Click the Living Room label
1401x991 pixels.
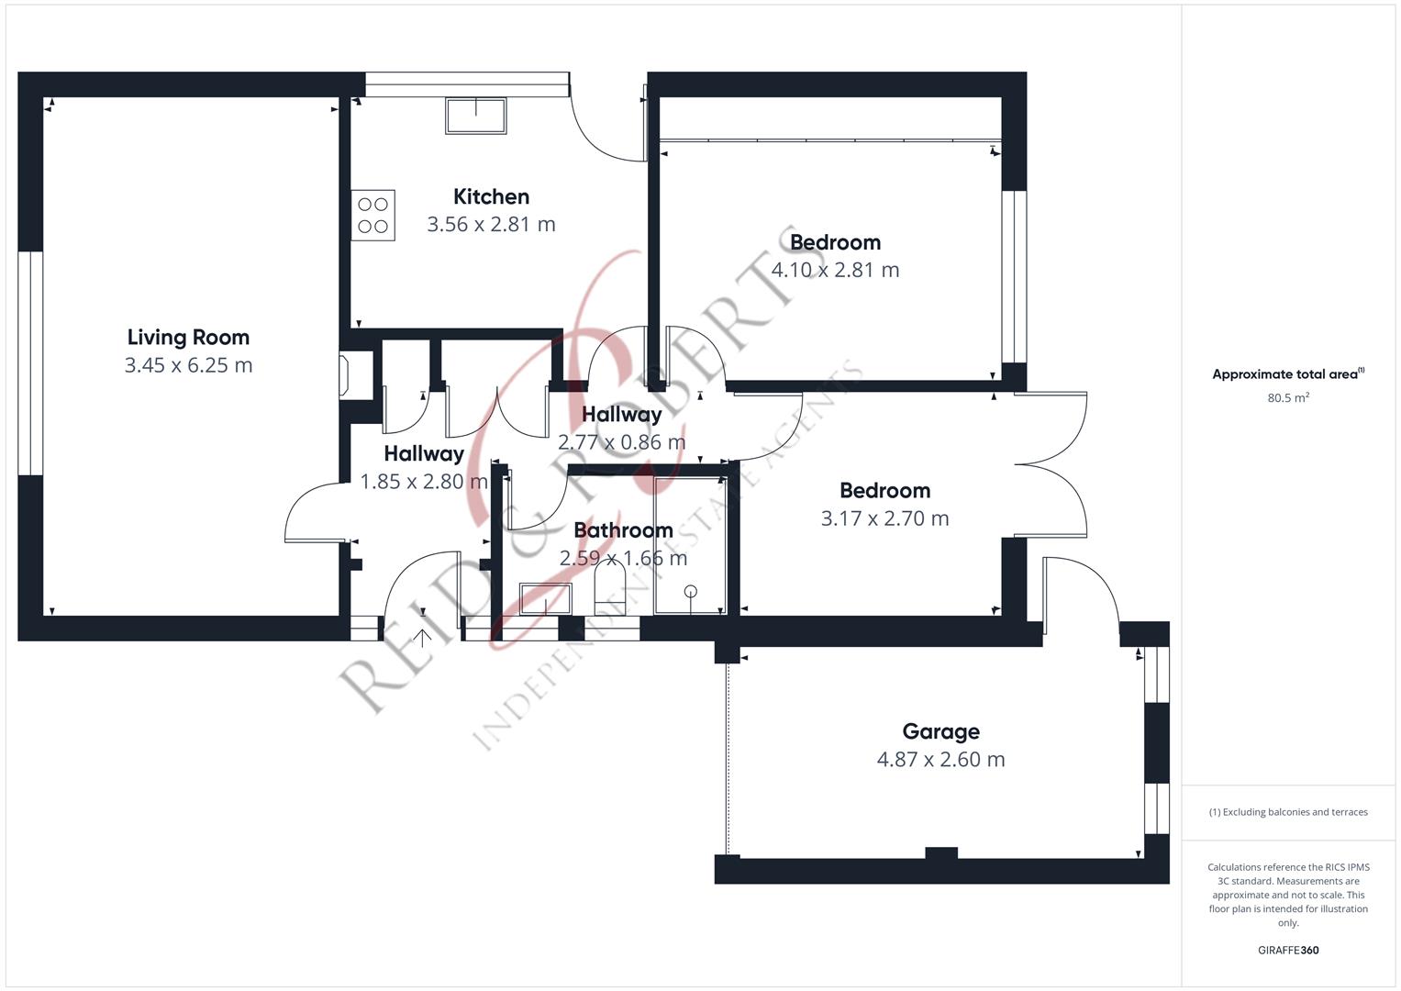188,338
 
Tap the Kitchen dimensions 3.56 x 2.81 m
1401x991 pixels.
491,224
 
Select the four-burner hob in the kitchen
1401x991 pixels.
372,216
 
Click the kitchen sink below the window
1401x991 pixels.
476,116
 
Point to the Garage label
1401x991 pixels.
940,731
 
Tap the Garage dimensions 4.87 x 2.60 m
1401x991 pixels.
940,759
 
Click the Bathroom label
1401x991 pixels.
623,530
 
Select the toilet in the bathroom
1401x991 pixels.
610,587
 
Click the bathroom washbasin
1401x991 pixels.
545,598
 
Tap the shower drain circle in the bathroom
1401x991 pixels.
691,591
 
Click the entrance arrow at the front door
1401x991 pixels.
422,638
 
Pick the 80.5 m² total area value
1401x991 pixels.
1288,398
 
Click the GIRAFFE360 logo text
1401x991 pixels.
1288,951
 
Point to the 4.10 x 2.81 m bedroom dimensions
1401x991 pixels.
835,270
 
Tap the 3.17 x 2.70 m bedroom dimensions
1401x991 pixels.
884,518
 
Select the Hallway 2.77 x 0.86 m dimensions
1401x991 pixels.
622,442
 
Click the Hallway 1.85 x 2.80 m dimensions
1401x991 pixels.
424,481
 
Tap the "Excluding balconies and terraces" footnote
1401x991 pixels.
1288,812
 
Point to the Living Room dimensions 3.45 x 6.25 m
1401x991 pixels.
188,365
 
